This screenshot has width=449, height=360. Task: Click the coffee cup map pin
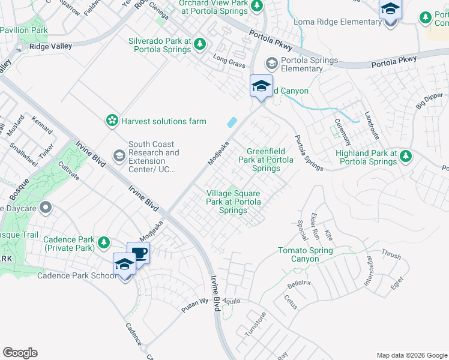[x=138, y=253]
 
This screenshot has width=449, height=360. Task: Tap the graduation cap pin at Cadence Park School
[x=125, y=265]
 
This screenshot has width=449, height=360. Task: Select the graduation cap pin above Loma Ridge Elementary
[x=390, y=10]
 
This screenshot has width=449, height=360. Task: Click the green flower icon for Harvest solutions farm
[x=112, y=121]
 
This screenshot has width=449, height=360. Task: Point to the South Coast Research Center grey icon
[x=119, y=157]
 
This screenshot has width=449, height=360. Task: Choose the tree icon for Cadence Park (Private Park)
[x=104, y=243]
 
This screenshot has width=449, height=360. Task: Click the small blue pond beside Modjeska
[x=231, y=122]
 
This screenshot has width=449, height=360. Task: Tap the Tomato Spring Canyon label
[x=307, y=254]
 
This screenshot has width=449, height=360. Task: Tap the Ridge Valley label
[x=50, y=46]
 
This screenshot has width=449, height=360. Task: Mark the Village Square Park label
[x=234, y=202]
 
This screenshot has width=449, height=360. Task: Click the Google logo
[x=20, y=353]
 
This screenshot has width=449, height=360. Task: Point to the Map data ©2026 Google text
[x=411, y=355]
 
